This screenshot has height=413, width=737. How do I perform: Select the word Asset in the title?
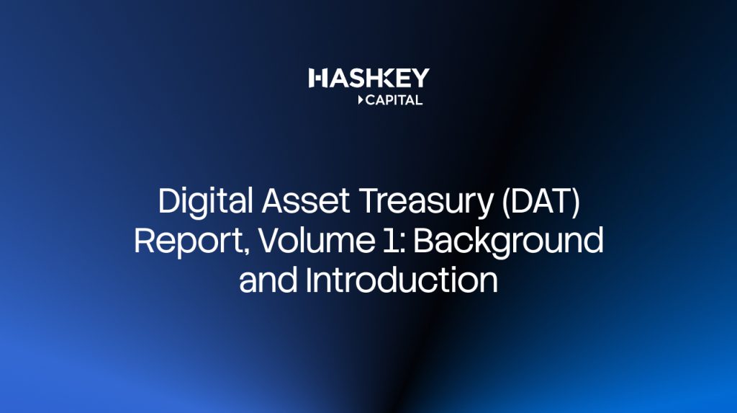click(305, 201)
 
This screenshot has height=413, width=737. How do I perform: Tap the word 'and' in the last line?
click(268, 280)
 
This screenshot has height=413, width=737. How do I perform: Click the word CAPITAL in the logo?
click(394, 100)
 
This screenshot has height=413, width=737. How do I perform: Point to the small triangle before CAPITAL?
click(361, 100)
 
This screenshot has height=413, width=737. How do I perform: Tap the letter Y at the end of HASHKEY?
click(420, 78)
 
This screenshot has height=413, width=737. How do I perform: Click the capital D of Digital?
click(170, 201)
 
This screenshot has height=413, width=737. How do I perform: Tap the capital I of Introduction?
click(309, 280)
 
